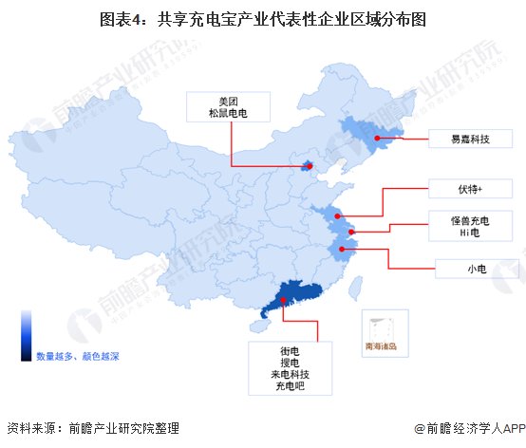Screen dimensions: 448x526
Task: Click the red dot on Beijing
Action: pyautogui.click(x=306, y=167)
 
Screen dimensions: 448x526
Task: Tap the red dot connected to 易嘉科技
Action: pyautogui.click(x=377, y=139)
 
